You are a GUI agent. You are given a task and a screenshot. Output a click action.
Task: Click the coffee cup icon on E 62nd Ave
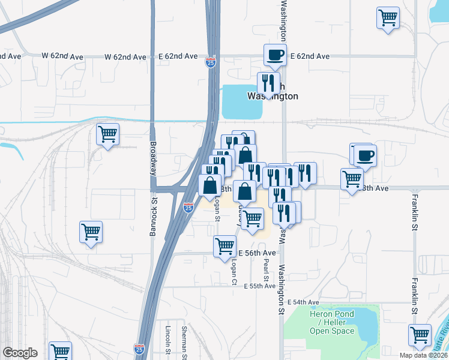tap(275, 55)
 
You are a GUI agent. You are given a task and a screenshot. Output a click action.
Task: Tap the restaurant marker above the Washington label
tap(268, 83)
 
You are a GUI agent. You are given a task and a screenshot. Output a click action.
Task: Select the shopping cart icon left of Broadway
tap(108, 134)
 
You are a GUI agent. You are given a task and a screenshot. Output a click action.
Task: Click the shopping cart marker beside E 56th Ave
tap(224, 245)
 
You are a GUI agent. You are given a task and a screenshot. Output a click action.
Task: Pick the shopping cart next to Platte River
tap(420, 335)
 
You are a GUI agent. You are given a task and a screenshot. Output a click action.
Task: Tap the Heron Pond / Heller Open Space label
tap(332, 322)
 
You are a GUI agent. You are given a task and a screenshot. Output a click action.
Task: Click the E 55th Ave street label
tap(259, 287)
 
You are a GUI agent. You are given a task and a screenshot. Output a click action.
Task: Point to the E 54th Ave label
tap(303, 301)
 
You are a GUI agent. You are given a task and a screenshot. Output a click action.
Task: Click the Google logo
tap(20, 353)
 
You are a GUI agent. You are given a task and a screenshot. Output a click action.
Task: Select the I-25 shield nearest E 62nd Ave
tap(211, 62)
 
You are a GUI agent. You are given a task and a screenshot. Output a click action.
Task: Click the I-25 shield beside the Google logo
tap(139, 349)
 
